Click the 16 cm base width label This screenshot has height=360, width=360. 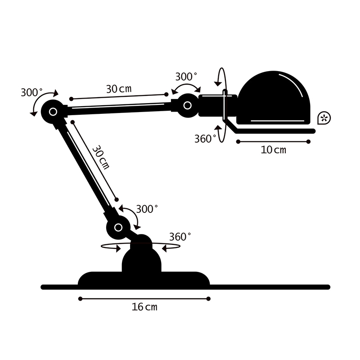(x=144, y=307)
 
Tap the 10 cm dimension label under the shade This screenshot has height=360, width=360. (x=273, y=150)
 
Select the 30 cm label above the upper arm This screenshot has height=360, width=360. (x=119, y=89)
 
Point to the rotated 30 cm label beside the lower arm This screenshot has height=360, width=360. (x=101, y=157)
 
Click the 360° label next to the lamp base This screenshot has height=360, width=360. (x=180, y=237)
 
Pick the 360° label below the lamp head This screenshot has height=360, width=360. (x=205, y=139)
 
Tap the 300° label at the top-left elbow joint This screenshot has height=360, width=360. (x=31, y=92)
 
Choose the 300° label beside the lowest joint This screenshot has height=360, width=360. (x=147, y=209)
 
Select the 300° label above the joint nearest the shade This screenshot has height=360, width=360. (x=186, y=76)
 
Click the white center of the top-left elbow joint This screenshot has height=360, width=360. (x=53, y=111)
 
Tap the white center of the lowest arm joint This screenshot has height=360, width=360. (x=118, y=227)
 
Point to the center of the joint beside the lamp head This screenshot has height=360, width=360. (x=187, y=105)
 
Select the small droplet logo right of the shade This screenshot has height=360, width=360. (x=324, y=118)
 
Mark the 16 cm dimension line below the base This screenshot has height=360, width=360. (x=144, y=298)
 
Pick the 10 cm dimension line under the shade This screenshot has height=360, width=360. (x=273, y=142)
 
